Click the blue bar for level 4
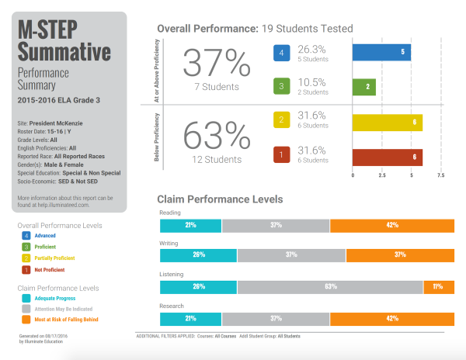(x=381, y=53)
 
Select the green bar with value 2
(x=364, y=87)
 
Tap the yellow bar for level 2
(x=388, y=122)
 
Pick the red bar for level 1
(x=388, y=157)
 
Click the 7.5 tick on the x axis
(x=440, y=175)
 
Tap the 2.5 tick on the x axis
(x=381, y=175)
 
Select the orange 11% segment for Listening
(x=437, y=286)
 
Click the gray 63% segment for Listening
(x=330, y=286)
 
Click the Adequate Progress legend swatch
(x=26, y=297)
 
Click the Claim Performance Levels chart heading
(x=220, y=199)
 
